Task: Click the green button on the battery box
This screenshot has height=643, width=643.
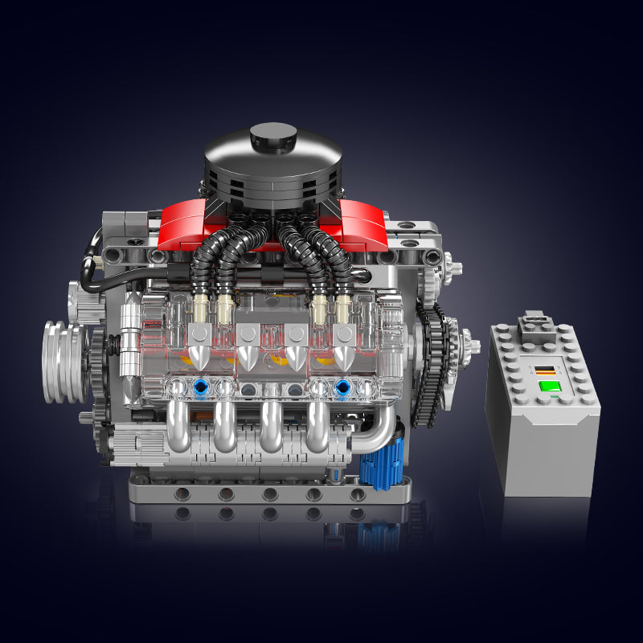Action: tap(549, 386)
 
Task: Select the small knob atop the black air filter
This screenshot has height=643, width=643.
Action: tap(273, 134)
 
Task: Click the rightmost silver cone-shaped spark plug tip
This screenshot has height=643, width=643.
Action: tap(344, 355)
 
